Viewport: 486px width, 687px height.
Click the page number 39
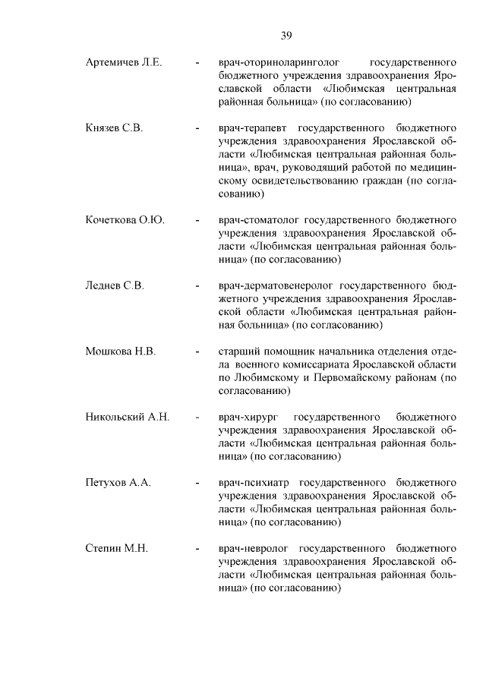(x=286, y=35)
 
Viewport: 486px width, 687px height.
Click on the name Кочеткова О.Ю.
(x=125, y=220)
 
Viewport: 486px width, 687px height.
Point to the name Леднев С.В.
(x=115, y=286)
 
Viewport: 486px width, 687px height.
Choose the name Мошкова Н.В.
(x=121, y=351)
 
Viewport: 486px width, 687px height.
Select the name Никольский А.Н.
(x=127, y=418)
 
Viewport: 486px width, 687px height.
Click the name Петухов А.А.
(x=118, y=483)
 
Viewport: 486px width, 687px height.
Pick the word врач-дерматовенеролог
(x=274, y=286)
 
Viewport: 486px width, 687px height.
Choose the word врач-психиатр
(x=254, y=483)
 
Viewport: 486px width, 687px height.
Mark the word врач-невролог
(x=255, y=548)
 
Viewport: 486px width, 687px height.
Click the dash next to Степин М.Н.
(x=197, y=548)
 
